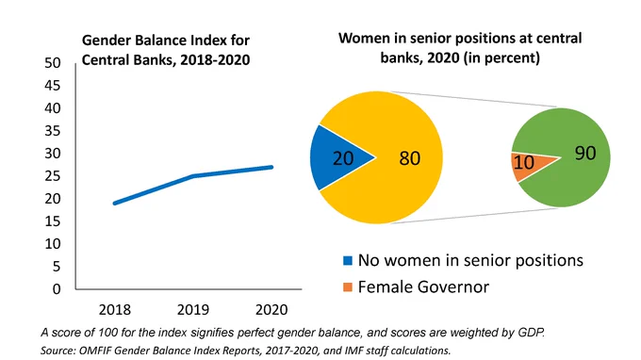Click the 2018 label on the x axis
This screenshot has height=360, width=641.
pyautogui.click(x=114, y=310)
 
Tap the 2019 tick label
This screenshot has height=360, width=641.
pyautogui.click(x=193, y=310)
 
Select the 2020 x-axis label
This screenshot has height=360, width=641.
pyautogui.click(x=271, y=310)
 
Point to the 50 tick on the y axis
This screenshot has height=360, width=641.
pyautogui.click(x=53, y=63)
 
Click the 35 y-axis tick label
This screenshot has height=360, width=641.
pyautogui.click(x=53, y=131)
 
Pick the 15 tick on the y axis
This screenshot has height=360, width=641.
pyautogui.click(x=53, y=221)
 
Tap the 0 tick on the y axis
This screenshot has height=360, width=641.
pyautogui.click(x=57, y=289)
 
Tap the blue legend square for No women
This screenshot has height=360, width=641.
pyautogui.click(x=348, y=261)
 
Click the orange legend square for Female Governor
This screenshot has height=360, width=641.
pyautogui.click(x=348, y=287)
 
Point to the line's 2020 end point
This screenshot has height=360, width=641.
pyautogui.click(x=271, y=167)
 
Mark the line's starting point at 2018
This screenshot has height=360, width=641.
pyautogui.click(x=115, y=203)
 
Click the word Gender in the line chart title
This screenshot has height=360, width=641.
pyautogui.click(x=106, y=41)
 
